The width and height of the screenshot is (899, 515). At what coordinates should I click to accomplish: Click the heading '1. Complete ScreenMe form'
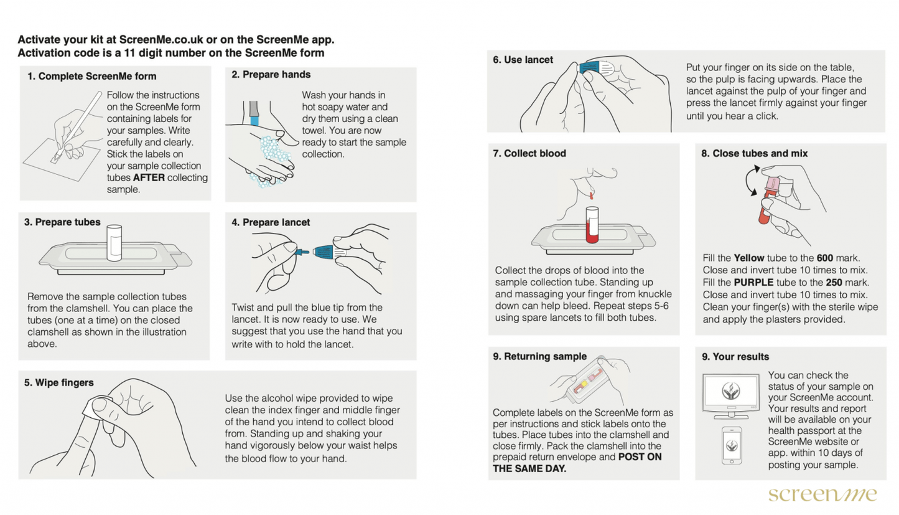[x=91, y=77]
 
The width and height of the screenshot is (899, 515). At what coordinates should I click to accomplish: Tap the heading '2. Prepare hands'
[x=271, y=75]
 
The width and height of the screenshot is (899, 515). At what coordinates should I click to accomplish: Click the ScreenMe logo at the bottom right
[x=822, y=494]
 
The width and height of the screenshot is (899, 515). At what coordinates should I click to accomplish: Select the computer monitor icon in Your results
[x=730, y=395]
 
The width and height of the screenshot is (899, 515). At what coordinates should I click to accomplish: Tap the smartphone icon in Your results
[x=730, y=445]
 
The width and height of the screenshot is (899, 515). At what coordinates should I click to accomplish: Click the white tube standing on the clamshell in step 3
[x=114, y=242]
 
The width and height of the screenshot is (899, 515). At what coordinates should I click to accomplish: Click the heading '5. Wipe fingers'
[x=59, y=382]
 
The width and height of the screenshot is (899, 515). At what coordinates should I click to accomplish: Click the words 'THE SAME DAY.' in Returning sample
[x=529, y=468]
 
